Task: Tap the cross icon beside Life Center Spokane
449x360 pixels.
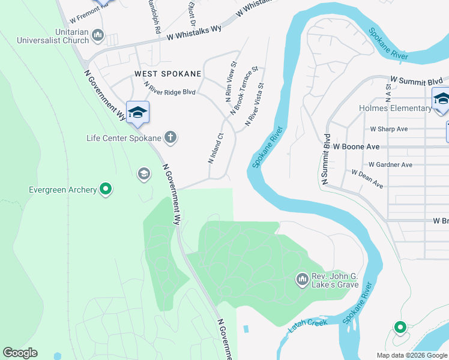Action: [x=170, y=137]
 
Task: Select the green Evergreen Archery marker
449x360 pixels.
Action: [x=106, y=190]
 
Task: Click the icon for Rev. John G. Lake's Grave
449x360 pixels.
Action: [x=302, y=279]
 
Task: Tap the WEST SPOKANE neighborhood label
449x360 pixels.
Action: [x=160, y=74]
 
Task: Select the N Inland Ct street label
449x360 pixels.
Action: [x=215, y=148]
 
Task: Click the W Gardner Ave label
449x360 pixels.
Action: [x=390, y=164]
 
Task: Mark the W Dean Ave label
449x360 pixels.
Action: [x=367, y=179]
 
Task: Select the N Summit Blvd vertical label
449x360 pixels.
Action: [x=326, y=158]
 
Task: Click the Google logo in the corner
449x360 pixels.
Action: [x=20, y=353]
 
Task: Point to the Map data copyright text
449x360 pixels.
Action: [x=412, y=355]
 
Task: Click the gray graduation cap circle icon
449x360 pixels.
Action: [x=143, y=174]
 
